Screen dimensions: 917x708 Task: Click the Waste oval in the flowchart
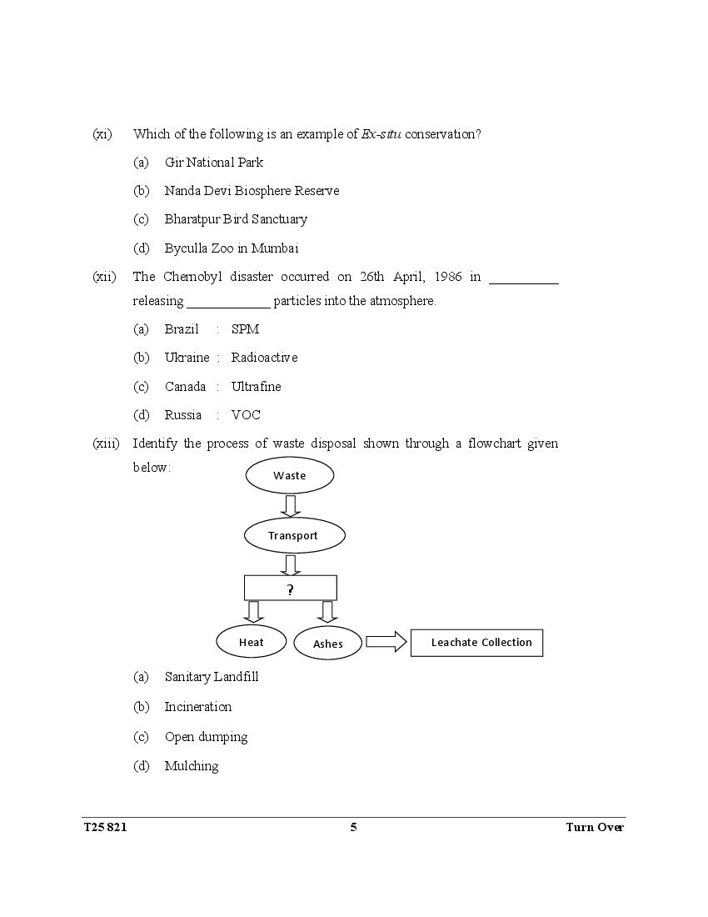tap(290, 476)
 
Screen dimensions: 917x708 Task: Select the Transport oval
tap(293, 535)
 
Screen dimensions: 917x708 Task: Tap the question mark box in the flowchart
tap(290, 589)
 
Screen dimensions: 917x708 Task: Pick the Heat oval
tap(251, 642)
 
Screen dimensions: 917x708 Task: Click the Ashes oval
tap(328, 643)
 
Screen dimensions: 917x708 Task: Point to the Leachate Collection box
tap(476, 643)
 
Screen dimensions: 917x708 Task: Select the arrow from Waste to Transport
tap(291, 505)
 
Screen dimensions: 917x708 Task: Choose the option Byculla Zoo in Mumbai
tap(232, 248)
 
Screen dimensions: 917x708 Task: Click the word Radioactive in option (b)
tap(264, 358)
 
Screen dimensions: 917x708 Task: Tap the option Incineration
tap(198, 707)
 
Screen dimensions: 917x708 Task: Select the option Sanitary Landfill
tap(212, 677)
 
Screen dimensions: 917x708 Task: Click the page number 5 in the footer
tap(353, 827)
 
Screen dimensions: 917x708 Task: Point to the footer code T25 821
tap(106, 827)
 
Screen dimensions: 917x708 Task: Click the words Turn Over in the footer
tap(595, 827)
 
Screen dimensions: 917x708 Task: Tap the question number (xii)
tap(104, 277)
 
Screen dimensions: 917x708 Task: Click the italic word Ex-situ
tap(381, 134)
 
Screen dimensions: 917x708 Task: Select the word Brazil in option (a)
tap(182, 329)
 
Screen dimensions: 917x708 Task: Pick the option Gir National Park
tap(214, 163)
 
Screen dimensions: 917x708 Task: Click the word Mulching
tap(192, 766)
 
